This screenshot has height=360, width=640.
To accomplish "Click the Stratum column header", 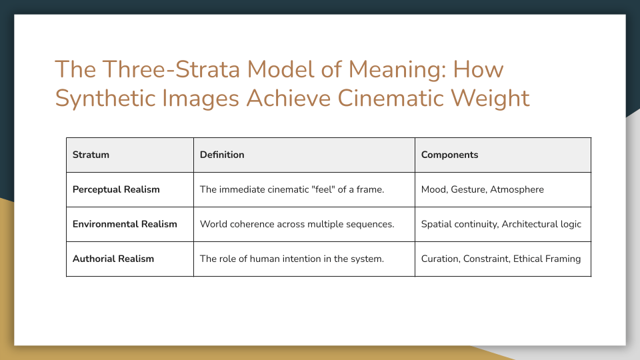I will [x=91, y=155].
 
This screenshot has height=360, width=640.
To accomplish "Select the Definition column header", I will [x=222, y=155].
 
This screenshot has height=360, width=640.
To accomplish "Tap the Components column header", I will [x=449, y=155].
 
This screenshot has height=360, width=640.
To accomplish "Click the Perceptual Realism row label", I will [x=116, y=189].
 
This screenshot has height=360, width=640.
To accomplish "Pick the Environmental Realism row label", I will [x=125, y=224].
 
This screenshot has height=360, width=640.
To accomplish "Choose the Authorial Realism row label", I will [x=113, y=259].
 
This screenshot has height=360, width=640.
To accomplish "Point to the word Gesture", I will [x=468, y=189].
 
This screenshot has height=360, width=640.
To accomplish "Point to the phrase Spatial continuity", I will [x=459, y=224].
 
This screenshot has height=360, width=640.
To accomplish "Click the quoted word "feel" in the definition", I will [x=321, y=189].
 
